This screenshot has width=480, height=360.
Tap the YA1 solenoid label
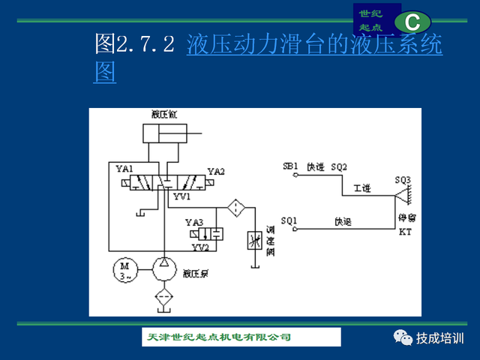(124, 169)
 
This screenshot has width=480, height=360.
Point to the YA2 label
(216, 172)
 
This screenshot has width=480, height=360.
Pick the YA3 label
(194, 223)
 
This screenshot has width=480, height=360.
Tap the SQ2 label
(339, 166)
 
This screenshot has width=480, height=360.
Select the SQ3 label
(403, 181)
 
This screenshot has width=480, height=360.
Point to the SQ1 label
(289, 221)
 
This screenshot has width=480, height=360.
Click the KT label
(405, 231)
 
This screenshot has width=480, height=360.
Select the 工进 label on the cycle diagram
(362, 188)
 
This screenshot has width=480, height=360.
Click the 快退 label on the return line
(343, 221)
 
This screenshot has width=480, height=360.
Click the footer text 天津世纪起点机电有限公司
(217, 337)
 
